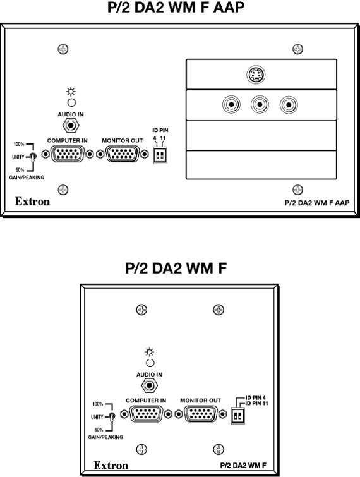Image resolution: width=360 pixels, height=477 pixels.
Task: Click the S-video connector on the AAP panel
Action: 256,74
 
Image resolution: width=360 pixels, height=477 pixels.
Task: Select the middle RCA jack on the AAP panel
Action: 260,105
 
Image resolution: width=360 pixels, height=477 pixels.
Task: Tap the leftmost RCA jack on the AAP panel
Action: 231,105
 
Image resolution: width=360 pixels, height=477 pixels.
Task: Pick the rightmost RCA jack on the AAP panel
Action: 289,105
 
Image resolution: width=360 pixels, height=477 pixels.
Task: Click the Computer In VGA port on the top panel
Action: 68,154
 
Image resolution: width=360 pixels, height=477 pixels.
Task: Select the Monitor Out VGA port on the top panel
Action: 123,154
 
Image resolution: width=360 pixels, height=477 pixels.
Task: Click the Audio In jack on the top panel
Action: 71,125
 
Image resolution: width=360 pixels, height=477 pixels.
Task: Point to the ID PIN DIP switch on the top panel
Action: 160,156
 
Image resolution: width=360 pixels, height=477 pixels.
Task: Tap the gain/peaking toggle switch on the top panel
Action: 33,157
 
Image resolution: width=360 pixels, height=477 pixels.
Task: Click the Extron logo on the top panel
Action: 33,202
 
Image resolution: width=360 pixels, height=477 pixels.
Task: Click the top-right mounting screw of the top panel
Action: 297,49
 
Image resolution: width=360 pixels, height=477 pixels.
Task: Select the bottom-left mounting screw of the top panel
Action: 63,190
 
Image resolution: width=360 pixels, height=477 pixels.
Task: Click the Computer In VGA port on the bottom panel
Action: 147,414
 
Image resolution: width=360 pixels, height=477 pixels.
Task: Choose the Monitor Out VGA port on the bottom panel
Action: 201,414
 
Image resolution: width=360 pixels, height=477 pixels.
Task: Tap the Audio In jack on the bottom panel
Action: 149,385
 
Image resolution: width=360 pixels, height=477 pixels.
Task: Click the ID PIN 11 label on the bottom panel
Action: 256,403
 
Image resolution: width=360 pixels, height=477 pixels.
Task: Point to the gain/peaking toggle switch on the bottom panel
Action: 112,417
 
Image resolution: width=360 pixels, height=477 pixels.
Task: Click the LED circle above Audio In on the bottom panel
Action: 150,363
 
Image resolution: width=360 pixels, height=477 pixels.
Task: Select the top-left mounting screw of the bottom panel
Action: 141,310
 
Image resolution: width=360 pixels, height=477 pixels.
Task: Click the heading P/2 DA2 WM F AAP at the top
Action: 176,8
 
